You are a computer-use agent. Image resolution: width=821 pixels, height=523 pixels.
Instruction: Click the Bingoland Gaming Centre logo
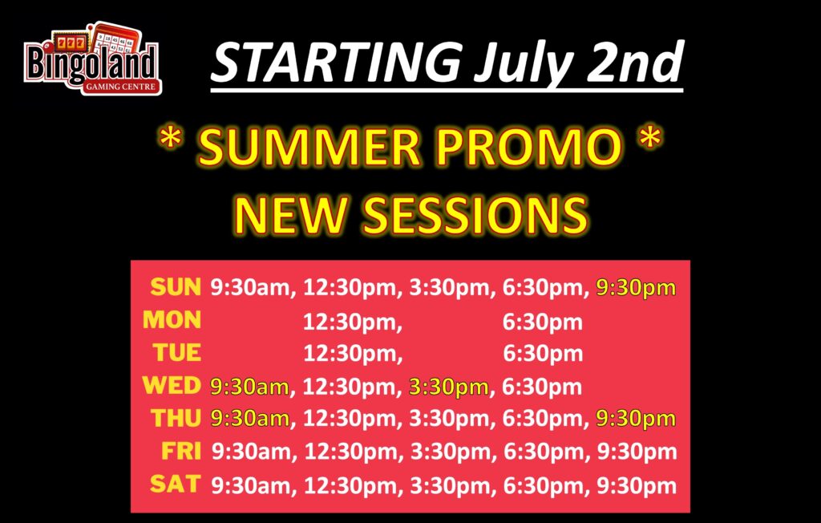pyautogui.click(x=93, y=59)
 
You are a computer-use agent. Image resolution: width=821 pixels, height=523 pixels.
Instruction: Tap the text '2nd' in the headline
pyautogui.click(x=635, y=62)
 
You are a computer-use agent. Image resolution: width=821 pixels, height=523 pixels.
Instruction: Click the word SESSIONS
pyautogui.click(x=475, y=214)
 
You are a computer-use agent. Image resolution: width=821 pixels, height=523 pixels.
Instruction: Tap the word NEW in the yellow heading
pyautogui.click(x=290, y=214)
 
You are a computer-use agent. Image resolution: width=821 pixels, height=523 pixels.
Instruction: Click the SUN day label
pyautogui.click(x=176, y=286)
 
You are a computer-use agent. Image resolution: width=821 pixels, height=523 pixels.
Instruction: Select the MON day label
pyautogui.click(x=172, y=320)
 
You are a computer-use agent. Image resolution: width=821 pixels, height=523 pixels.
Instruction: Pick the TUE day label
pyautogui.click(x=177, y=352)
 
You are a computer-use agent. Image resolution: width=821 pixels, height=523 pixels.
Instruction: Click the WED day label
pyautogui.click(x=172, y=385)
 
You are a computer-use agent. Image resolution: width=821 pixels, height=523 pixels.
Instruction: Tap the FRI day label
pyautogui.click(x=181, y=451)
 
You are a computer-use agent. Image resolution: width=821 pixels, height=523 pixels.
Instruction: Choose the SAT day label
pyautogui.click(x=176, y=484)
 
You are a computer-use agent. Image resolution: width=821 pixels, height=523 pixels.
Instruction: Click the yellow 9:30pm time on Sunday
pyautogui.click(x=636, y=288)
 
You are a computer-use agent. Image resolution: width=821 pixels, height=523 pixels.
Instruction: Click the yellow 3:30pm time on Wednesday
pyautogui.click(x=449, y=387)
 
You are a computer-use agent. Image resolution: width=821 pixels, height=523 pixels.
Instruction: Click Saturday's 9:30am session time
pyautogui.click(x=251, y=486)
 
